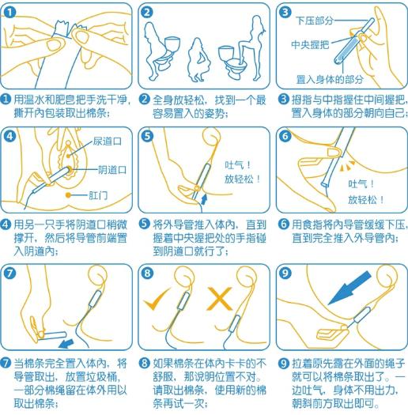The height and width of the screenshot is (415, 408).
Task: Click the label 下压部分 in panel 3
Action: click(x=315, y=20)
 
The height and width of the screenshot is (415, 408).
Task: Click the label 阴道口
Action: click(x=113, y=168)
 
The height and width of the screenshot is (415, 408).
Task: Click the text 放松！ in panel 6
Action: click(x=366, y=199)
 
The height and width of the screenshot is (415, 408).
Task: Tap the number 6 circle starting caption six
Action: click(x=283, y=224)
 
